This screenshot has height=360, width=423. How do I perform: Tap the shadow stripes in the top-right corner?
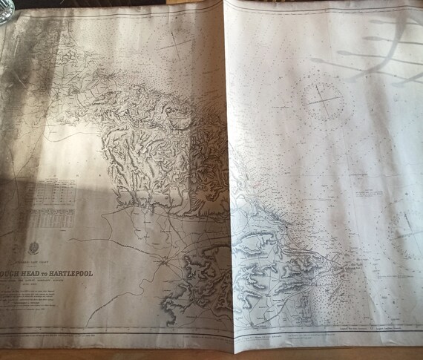pyautogui.click(x=371, y=45)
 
